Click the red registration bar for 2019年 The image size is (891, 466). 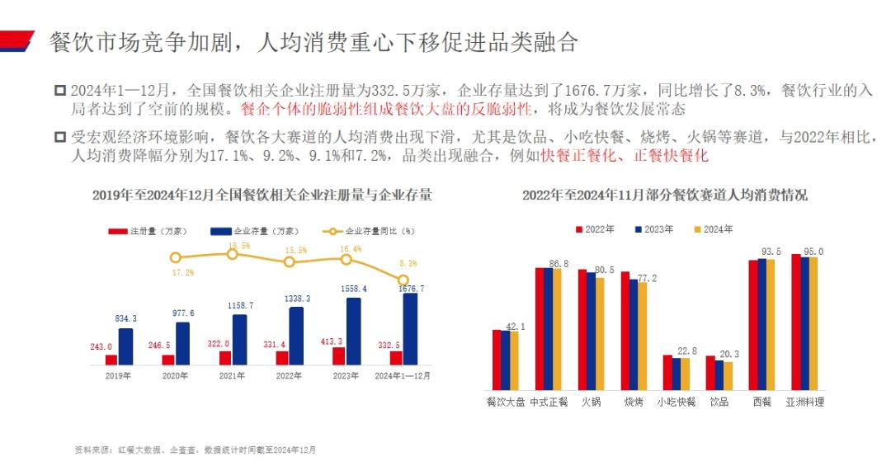111,360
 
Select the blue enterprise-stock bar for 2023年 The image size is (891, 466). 352,331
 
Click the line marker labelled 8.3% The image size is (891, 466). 403,280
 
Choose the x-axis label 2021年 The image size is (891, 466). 232,375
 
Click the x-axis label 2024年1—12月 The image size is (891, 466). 403,375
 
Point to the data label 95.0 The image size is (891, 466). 813,252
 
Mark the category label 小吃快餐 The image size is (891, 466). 676,402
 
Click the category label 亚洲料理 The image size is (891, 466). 804,402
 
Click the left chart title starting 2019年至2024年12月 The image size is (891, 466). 262,195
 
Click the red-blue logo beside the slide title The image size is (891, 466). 16,40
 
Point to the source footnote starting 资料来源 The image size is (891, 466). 195,450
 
